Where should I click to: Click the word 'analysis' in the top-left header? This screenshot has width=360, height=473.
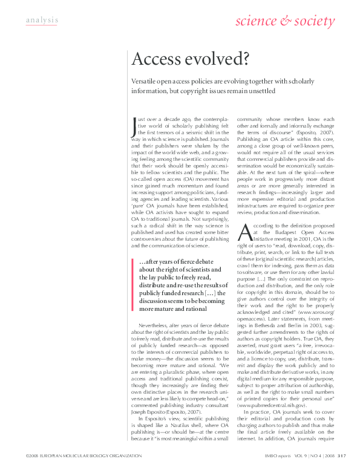coord(42,21)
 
